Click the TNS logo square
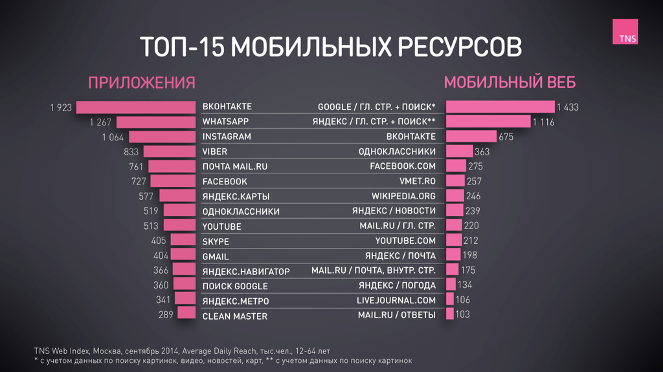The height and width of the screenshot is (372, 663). [625, 32]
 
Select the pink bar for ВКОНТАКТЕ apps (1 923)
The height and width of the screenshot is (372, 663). [135, 107]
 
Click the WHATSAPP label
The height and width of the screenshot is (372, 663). [225, 122]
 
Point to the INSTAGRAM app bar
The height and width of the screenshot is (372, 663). [162, 137]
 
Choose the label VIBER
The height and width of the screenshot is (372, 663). [215, 151]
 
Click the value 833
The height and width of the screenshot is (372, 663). [131, 152]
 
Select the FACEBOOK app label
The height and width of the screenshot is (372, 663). [225, 182]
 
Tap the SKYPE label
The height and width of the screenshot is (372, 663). [216, 241]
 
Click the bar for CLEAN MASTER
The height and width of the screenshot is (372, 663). [186, 314]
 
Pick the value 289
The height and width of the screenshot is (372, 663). [166, 315]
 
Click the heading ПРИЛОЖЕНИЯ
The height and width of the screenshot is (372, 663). [141, 83]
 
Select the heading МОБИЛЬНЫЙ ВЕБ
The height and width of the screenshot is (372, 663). [510, 83]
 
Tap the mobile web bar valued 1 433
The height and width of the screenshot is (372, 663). [500, 107]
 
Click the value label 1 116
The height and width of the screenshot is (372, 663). [543, 122]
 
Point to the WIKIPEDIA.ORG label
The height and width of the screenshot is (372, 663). [403, 196]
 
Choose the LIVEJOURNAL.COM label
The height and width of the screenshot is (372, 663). [396, 300]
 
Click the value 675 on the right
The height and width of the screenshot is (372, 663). [506, 137]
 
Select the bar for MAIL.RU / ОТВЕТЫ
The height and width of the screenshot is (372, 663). [450, 314]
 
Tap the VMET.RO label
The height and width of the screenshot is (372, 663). [418, 182]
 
